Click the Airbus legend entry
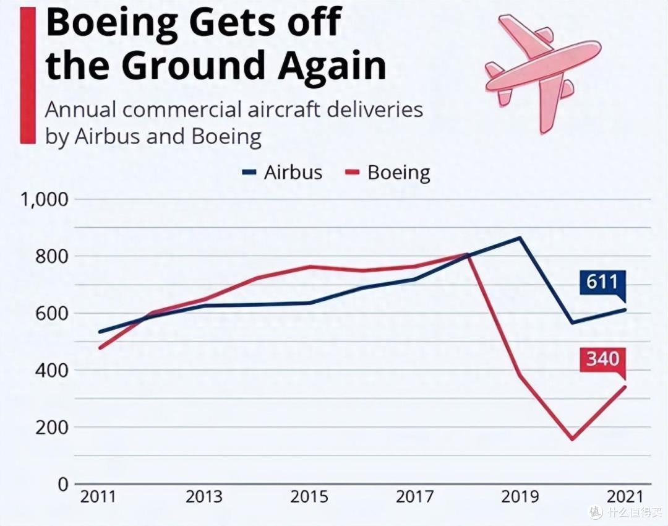click(282, 173)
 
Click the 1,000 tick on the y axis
click(45, 199)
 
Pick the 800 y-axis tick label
click(51, 257)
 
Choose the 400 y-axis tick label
click(51, 371)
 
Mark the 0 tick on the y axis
click(63, 484)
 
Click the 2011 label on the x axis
click(98, 496)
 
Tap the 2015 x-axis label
click(309, 496)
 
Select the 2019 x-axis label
click(520, 496)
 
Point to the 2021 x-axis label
click(625, 496)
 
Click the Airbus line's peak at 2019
click(520, 238)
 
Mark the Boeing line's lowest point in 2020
click(572, 439)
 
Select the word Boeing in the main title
click(111, 24)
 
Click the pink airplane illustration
click(543, 72)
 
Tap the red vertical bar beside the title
click(28, 75)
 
